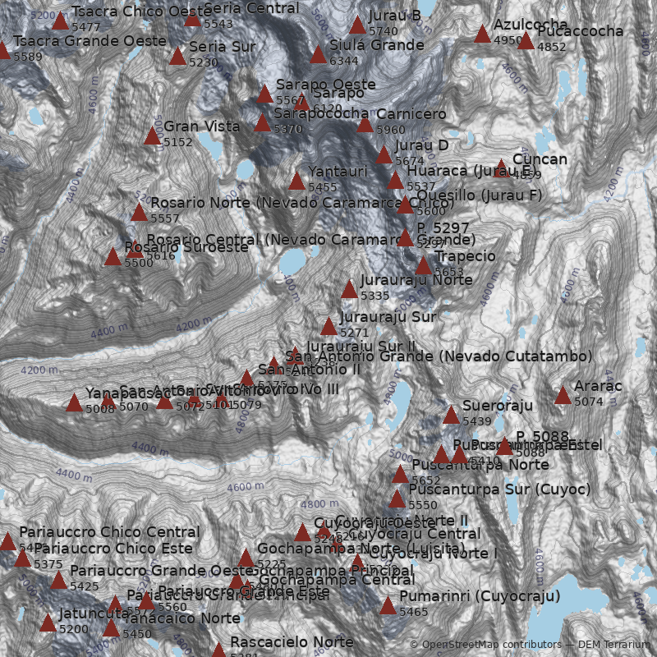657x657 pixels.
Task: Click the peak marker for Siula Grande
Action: [x=318, y=55]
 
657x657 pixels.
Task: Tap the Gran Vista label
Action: [x=202, y=126]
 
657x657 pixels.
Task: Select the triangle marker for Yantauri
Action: [x=296, y=181]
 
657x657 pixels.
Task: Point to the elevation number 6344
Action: [x=343, y=61]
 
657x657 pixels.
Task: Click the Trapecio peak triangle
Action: [x=423, y=266]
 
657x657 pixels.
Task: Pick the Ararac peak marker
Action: [x=563, y=396]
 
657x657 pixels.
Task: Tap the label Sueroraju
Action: [x=498, y=406]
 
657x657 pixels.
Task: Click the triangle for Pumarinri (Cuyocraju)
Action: [x=388, y=606]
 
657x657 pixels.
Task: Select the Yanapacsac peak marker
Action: [x=74, y=402]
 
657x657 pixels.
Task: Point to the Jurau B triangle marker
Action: [x=357, y=25]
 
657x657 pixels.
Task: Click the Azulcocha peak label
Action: [x=531, y=25]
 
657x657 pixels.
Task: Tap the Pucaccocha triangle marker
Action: [x=526, y=41]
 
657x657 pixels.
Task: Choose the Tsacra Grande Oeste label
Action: [x=90, y=41]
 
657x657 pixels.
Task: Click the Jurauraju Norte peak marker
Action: [x=349, y=290]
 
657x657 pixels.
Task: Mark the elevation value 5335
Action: [x=374, y=296]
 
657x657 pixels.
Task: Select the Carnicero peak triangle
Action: [x=365, y=124]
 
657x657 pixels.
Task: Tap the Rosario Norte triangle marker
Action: [x=139, y=213]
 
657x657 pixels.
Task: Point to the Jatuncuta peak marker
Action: [x=48, y=623]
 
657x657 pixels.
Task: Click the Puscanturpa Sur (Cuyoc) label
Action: [x=499, y=489]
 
